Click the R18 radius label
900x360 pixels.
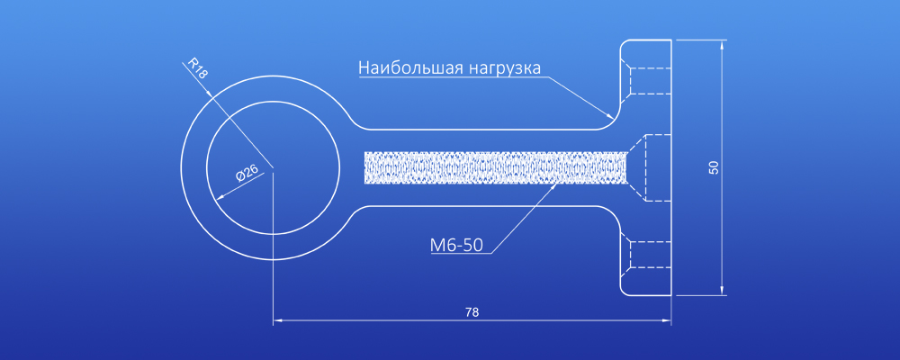point(195,67)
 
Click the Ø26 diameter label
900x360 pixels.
point(247,174)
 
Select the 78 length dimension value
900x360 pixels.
point(472,312)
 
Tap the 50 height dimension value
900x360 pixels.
point(714,167)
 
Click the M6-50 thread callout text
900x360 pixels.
point(456,246)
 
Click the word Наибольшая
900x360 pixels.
point(410,67)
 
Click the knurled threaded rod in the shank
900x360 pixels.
point(496,167)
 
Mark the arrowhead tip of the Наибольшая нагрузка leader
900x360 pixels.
point(614,118)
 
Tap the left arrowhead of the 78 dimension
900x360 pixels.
point(274,320)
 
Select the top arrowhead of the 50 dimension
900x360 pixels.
point(722,40)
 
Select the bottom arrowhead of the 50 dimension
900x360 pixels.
point(722,295)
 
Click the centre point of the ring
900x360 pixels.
point(274,167)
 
